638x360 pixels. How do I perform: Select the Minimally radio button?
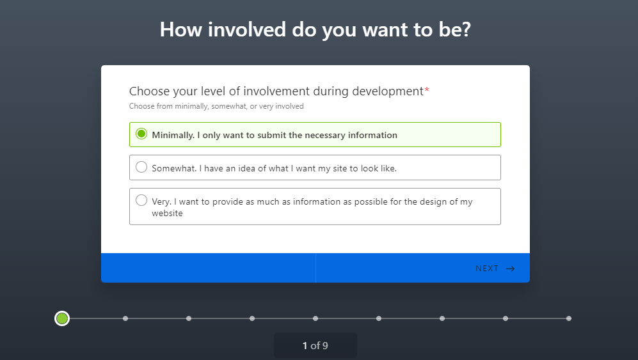[141, 134]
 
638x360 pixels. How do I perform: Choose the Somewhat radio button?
[141, 167]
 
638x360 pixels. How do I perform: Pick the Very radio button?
[141, 200]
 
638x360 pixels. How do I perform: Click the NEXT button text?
[486, 269]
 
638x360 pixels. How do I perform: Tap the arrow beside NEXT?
[510, 269]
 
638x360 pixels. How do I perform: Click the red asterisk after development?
[427, 89]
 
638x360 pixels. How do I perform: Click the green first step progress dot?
[62, 318]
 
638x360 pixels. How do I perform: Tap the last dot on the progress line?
[569, 318]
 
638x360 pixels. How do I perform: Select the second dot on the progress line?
[125, 318]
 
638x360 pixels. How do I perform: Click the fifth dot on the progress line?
[315, 318]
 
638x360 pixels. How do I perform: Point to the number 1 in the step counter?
[305, 346]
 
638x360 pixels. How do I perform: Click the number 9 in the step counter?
[325, 346]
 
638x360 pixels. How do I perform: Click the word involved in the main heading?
[247, 29]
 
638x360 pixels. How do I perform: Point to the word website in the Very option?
[167, 213]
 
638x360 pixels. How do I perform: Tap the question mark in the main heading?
[466, 29]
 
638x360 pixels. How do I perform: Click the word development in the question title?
[388, 91]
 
